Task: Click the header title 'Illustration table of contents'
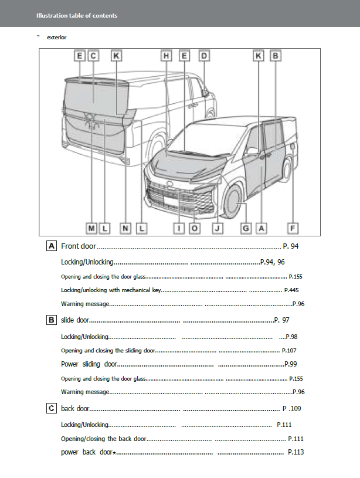pos(77,15)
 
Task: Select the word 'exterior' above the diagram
pos(57,37)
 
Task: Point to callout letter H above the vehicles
pos(167,56)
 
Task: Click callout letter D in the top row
pos(203,56)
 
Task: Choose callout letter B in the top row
pos(275,56)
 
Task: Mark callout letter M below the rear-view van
pos(92,228)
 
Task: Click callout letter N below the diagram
pos(126,228)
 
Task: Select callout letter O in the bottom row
pos(195,228)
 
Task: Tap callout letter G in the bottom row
pos(246,228)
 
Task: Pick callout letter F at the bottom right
pos(293,228)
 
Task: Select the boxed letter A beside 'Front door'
pos(52,246)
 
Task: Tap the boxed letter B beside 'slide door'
pos(52,320)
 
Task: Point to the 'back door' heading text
pos(75,408)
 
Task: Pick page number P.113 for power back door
pos(296,452)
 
